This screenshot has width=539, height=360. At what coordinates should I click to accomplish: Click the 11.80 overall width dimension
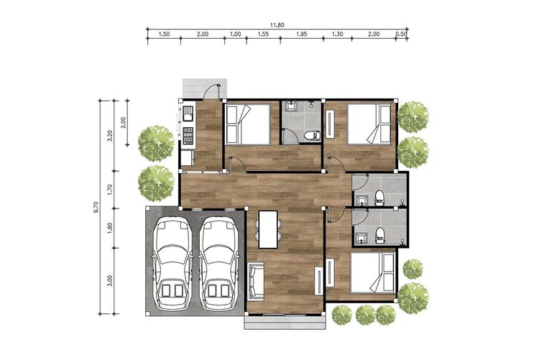277,25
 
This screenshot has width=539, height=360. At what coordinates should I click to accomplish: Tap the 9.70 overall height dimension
96,208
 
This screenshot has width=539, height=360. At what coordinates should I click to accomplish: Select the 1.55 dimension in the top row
263,34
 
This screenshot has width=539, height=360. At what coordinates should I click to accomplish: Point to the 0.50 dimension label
402,34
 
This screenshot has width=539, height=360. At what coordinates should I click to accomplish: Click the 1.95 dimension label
301,34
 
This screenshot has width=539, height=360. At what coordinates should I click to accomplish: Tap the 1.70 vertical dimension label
110,190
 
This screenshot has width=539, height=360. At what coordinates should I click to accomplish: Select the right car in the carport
218,264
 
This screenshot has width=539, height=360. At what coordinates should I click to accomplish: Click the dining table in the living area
268,229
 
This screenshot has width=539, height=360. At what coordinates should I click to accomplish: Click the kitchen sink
188,114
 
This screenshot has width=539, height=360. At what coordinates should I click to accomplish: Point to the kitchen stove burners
188,136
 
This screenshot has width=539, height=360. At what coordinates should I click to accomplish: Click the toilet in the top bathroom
312,135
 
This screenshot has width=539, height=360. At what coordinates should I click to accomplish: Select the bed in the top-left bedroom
248,124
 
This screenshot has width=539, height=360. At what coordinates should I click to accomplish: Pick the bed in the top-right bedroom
369,124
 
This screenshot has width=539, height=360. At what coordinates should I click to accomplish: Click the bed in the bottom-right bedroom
372,272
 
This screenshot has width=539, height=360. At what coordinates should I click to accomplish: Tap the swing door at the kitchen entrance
212,92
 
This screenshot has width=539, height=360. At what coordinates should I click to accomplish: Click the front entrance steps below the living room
285,323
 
